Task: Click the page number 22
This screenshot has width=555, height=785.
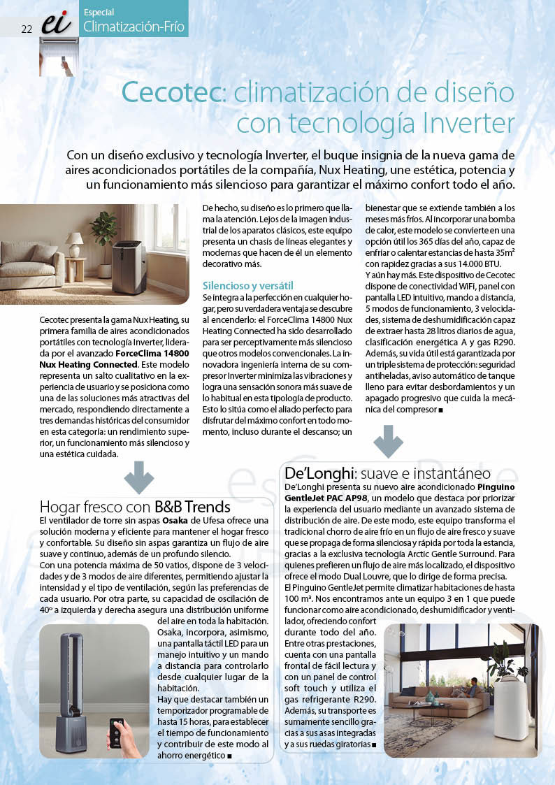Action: tap(27, 29)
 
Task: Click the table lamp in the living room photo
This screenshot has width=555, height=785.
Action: tap(75, 245)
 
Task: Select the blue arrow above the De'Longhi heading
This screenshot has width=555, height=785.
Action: tap(388, 442)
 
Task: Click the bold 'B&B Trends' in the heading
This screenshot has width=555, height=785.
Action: tap(192, 507)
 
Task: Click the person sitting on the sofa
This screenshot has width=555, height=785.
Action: tap(475, 684)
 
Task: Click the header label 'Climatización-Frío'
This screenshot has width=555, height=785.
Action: tap(134, 27)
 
